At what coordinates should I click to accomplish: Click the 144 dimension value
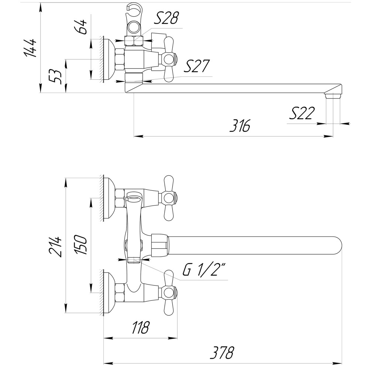click(31, 48)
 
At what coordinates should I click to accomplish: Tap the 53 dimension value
click(56, 76)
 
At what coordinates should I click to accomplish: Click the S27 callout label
click(196, 67)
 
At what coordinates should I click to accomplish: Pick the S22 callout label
click(301, 113)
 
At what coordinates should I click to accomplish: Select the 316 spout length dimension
click(239, 126)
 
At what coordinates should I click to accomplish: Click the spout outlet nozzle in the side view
click(332, 95)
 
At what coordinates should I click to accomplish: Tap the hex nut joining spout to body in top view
click(159, 246)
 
